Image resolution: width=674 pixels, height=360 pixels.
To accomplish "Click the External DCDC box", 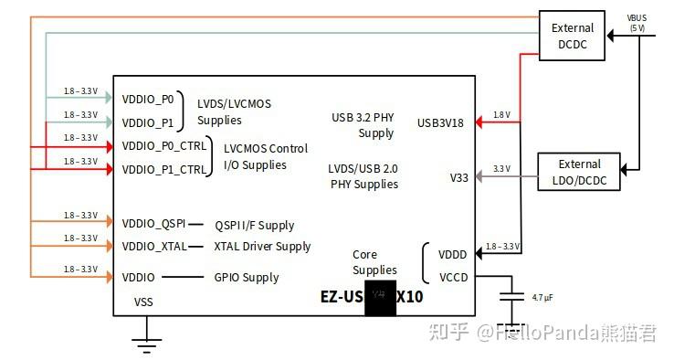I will [573, 37].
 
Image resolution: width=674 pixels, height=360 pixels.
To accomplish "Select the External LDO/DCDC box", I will [580, 173].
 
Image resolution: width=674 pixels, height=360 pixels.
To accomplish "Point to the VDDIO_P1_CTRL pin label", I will [163, 169].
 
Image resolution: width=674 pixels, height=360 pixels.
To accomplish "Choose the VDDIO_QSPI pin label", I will [153, 223].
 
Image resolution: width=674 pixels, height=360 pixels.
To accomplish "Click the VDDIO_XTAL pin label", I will [153, 247].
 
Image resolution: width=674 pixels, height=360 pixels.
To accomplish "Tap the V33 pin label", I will [458, 177].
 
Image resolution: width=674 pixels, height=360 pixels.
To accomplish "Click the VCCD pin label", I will [454, 276].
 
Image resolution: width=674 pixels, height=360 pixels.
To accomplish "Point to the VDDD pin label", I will [454, 255].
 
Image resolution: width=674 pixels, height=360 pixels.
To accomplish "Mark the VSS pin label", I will [144, 302].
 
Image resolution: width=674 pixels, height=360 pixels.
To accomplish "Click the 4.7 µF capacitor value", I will [543, 298].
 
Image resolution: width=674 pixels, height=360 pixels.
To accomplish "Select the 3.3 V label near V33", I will [501, 169].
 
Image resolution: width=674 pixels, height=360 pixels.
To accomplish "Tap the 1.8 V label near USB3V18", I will [501, 115].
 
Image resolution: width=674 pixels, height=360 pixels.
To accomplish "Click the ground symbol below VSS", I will [143, 344].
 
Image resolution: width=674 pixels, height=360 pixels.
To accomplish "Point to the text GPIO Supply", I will [247, 278].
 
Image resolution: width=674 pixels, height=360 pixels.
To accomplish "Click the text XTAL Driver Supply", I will [262, 247].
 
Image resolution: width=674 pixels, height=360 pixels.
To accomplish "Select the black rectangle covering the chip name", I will [379, 300].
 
